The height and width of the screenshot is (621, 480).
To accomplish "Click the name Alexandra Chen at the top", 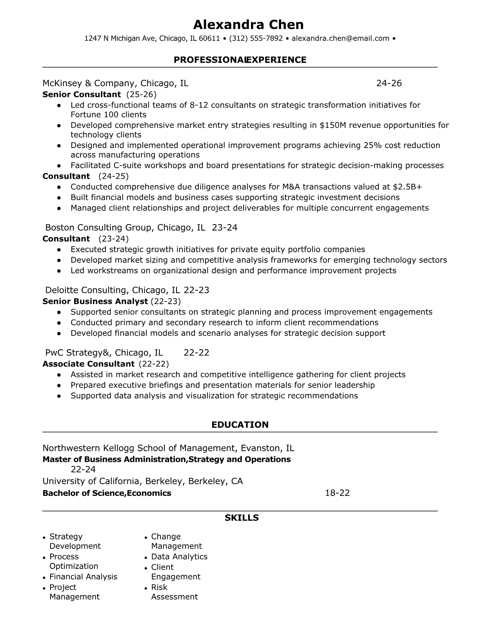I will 248,25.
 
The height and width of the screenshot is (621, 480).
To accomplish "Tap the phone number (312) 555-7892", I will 256,38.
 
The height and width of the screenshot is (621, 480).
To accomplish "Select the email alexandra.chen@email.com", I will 340,38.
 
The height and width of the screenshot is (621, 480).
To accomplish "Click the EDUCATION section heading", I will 240,425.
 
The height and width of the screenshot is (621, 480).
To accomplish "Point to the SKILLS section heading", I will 242,518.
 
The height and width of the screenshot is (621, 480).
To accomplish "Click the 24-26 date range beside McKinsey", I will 389,83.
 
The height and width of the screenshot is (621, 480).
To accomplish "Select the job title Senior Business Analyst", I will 95,301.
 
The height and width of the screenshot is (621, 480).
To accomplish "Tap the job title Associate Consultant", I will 88,364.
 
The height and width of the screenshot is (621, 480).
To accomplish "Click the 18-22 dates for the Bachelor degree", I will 337,493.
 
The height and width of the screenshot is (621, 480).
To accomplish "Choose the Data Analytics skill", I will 179,556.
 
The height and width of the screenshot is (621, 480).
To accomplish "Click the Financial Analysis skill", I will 83,576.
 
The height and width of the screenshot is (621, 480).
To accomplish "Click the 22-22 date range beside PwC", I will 196,352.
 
